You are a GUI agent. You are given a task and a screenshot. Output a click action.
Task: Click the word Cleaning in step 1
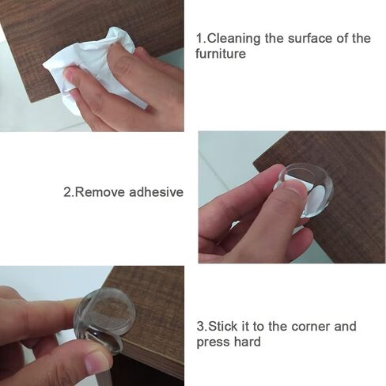234,39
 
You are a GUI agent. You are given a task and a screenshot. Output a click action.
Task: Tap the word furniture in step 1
223,55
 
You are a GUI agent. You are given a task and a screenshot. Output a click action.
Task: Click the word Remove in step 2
101,192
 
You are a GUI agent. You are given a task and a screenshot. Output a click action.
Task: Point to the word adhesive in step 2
156,192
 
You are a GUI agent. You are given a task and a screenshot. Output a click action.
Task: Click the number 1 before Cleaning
199,39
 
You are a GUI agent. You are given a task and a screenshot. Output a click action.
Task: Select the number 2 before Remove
66,192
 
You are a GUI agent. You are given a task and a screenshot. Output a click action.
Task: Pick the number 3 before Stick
199,327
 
